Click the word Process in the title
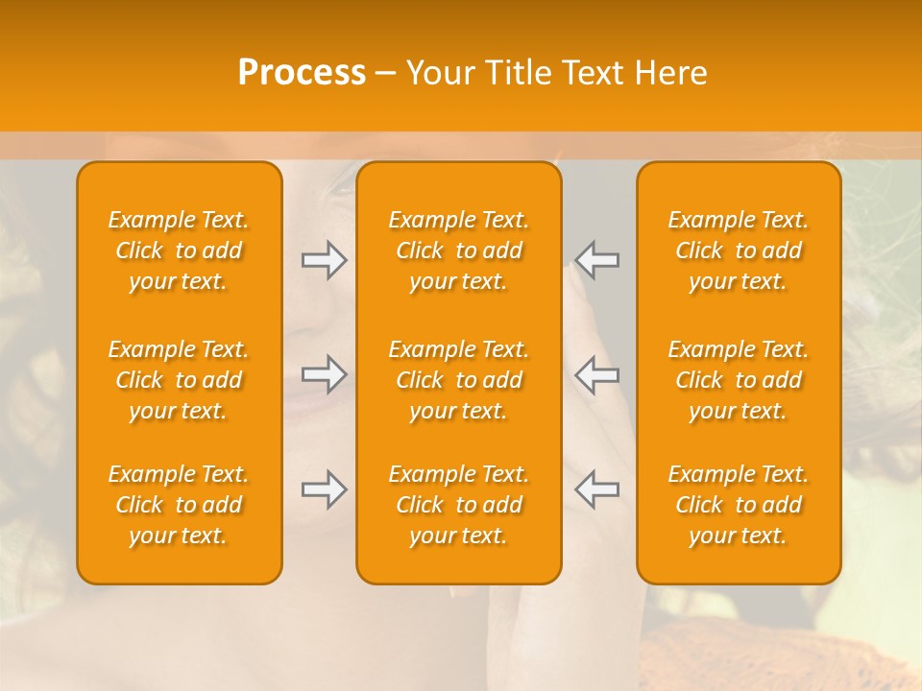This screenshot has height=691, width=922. click(x=302, y=73)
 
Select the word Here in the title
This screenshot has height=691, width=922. click(x=669, y=73)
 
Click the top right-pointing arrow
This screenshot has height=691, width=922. click(x=324, y=260)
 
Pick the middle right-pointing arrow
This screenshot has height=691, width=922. click(x=324, y=374)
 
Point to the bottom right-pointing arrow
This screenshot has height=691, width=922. click(x=324, y=488)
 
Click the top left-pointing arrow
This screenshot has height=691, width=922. click(x=597, y=260)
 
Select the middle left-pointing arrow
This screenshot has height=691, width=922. click(x=597, y=374)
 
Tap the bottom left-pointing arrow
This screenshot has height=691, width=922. click(x=597, y=488)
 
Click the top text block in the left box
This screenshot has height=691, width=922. click(x=179, y=250)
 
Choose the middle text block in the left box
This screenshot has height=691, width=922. click(x=179, y=380)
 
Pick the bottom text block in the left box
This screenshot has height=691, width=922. click(x=179, y=505)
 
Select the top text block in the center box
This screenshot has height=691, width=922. click(x=459, y=250)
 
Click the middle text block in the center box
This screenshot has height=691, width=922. click(x=459, y=380)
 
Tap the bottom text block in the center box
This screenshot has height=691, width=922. click(x=459, y=505)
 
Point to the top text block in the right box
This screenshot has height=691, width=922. click(x=739, y=250)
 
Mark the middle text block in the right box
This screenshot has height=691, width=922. click(x=739, y=380)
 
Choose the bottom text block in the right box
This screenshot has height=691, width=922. click(x=739, y=505)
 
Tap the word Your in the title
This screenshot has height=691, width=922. click(x=440, y=73)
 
